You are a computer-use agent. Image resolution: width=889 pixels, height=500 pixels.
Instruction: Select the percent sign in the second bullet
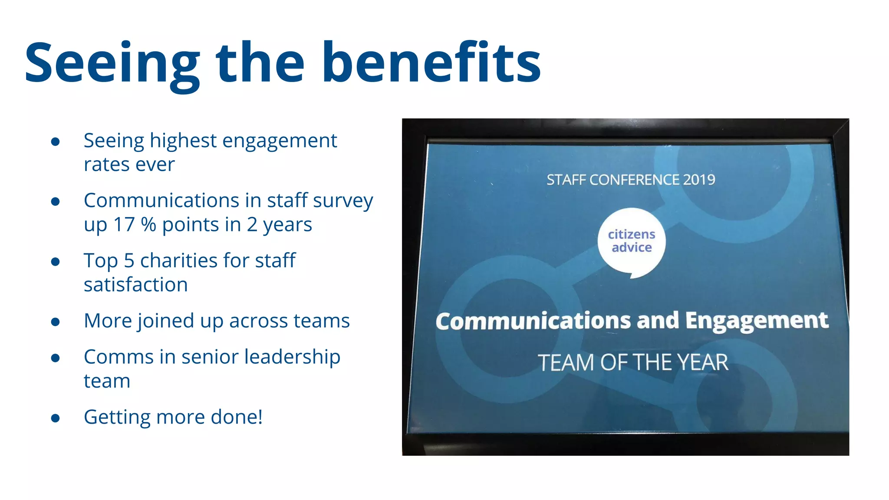click(148, 225)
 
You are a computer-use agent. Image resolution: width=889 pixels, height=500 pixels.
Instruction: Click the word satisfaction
click(135, 285)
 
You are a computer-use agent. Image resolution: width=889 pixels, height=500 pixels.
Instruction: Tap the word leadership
click(292, 357)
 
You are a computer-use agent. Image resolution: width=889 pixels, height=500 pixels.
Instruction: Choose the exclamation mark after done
click(260, 417)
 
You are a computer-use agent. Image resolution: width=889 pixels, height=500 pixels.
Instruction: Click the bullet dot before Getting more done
click(55, 418)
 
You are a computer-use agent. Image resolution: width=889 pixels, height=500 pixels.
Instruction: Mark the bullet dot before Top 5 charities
click(55, 262)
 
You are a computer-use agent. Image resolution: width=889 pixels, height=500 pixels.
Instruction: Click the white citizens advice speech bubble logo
click(632, 242)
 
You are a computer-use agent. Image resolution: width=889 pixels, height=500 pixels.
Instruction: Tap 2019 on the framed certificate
click(699, 180)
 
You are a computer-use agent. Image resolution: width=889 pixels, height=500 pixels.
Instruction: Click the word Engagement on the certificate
click(757, 320)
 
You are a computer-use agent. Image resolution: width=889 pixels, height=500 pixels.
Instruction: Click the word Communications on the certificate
click(533, 321)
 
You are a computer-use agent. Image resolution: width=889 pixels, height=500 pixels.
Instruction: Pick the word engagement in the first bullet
click(280, 141)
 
